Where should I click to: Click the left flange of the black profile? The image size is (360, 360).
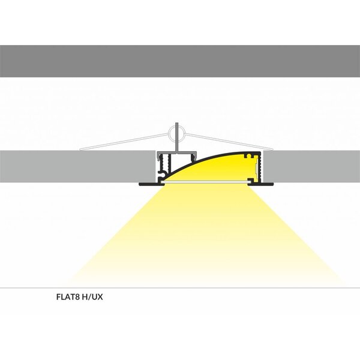(x=147, y=184)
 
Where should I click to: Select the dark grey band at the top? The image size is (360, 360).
(x=180, y=62)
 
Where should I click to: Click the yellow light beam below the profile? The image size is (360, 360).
(x=204, y=234)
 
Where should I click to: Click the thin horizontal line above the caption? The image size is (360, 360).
(x=180, y=288)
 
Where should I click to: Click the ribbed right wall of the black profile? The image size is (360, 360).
(x=259, y=168)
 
